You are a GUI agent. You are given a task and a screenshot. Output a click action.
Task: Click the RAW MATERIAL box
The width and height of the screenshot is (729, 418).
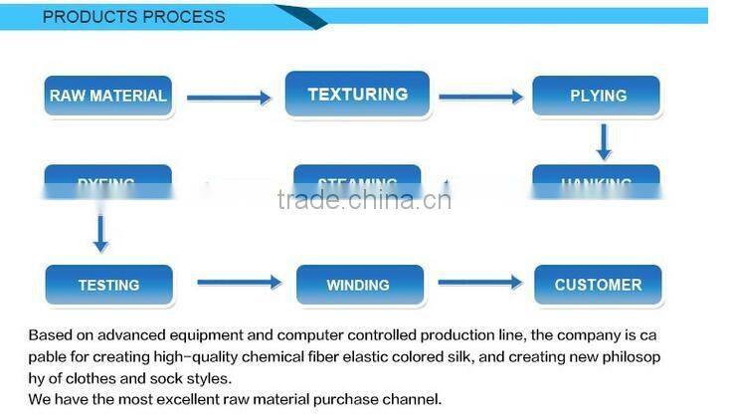108,97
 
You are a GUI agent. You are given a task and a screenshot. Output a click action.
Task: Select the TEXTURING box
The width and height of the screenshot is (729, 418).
357,95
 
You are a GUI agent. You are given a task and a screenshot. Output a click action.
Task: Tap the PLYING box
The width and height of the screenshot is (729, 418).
597,97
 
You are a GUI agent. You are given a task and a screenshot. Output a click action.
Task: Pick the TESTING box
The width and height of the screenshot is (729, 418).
108,285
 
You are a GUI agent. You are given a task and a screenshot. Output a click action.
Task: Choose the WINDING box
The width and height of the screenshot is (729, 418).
358,285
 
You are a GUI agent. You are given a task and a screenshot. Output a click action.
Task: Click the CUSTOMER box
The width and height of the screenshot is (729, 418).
597,285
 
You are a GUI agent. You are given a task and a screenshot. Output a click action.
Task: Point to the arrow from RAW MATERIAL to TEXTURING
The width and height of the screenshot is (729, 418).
228,98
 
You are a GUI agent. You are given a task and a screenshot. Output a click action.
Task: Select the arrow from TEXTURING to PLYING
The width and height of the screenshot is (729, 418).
480,97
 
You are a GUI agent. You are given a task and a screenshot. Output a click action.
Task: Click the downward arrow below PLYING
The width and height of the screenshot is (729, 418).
603,141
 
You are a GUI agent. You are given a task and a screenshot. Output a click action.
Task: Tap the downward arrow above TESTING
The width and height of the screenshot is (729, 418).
99,232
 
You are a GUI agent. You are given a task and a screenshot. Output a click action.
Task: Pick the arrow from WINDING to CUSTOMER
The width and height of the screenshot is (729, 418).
480,283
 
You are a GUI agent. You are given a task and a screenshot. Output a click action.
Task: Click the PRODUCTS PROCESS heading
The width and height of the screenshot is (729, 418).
133,17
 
